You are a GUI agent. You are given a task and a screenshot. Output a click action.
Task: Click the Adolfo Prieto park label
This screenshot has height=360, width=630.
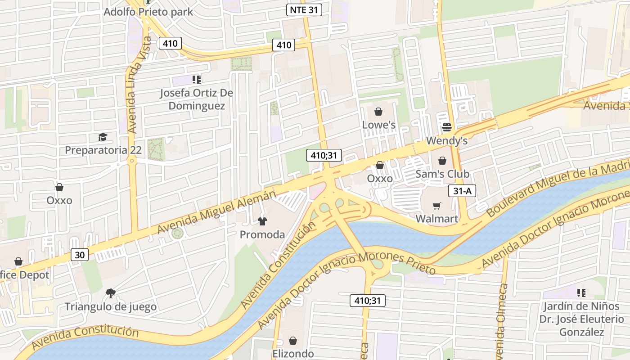pyautogui.click(x=148, y=12)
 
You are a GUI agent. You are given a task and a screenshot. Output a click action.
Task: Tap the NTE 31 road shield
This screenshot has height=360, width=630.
pyautogui.click(x=304, y=10)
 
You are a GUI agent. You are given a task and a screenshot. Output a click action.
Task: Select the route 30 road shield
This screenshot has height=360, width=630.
pyautogui.click(x=79, y=255)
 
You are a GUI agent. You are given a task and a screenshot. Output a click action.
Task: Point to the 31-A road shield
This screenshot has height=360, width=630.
pyautogui.click(x=462, y=191)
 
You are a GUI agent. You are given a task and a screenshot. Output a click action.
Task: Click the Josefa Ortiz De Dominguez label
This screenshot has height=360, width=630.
pyautogui.click(x=197, y=99)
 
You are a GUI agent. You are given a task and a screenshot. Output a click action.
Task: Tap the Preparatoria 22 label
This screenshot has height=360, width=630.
pyautogui.click(x=103, y=150)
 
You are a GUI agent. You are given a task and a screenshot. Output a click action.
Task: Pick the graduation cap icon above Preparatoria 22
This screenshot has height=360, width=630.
pyautogui.click(x=103, y=136)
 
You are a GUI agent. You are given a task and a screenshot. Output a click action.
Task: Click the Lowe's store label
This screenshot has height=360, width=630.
pyautogui.click(x=379, y=125)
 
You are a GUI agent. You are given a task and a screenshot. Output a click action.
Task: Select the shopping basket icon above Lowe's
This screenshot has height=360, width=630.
pyautogui.click(x=378, y=112)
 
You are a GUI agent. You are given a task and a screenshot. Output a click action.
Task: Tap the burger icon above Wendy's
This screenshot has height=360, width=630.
pyautogui.click(x=446, y=127)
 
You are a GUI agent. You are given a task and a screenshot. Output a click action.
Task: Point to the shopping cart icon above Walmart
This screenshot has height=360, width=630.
pyautogui.click(x=436, y=206)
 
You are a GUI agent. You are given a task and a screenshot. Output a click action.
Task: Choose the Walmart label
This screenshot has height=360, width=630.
pyautogui.click(x=436, y=219)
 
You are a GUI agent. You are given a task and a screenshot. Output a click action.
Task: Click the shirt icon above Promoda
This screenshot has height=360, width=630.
pyautogui.click(x=262, y=221)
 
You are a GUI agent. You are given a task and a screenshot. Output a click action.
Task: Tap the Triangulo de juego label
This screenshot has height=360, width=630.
pyautogui.click(x=111, y=307)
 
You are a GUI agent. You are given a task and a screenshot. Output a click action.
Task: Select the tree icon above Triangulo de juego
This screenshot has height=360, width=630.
pyautogui.click(x=110, y=293)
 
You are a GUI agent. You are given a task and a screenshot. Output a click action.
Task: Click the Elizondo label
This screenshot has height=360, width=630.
pyautogui.click(x=293, y=354)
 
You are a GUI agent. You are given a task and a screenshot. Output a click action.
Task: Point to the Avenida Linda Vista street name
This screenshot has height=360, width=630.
pyautogui.click(x=134, y=85)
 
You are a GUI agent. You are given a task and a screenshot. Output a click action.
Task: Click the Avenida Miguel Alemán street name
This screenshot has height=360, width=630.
pyautogui.click(x=216, y=211)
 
